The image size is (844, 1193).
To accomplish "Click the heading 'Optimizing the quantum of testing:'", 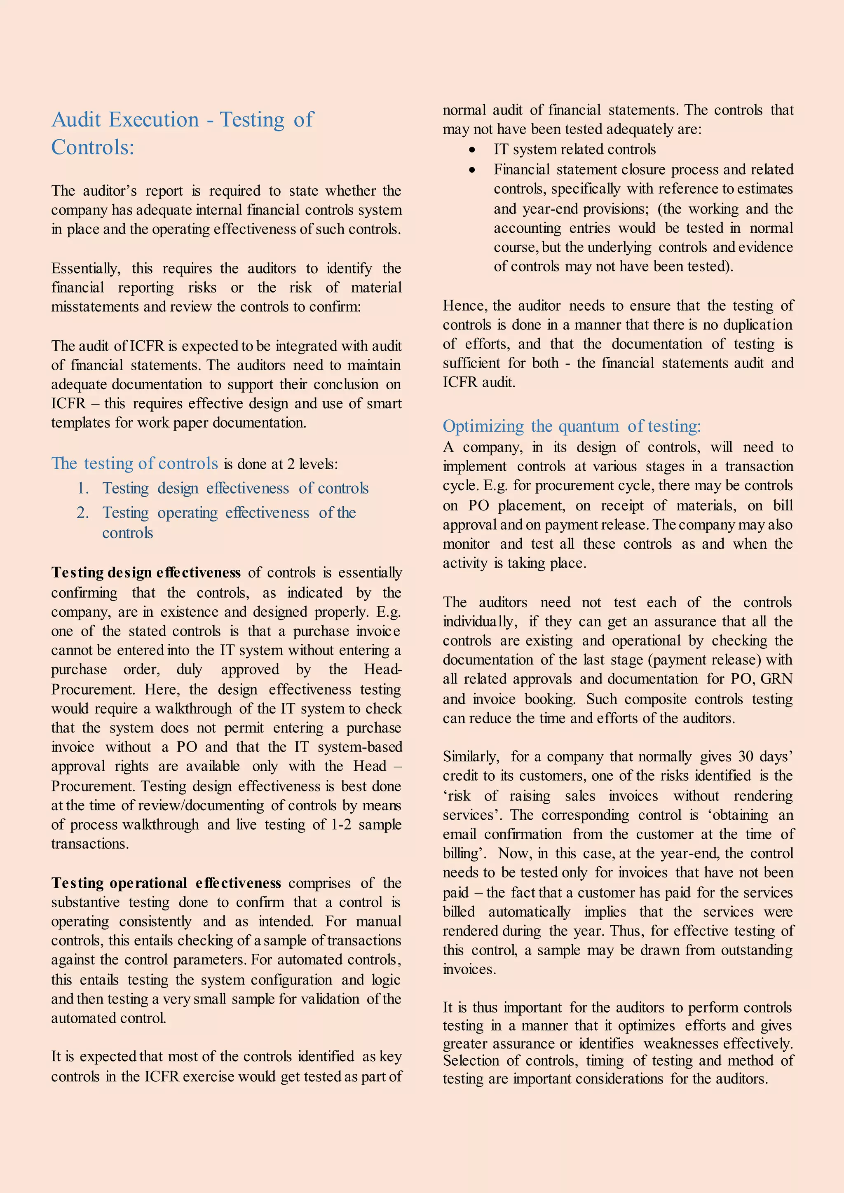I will click(x=572, y=426).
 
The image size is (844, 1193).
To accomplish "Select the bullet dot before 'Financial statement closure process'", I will click(x=472, y=170).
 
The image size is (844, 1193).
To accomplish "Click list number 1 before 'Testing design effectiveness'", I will click(x=83, y=489).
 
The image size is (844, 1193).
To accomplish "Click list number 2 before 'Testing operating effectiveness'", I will click(x=83, y=513).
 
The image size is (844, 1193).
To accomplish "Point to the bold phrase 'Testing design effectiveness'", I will click(x=145, y=573).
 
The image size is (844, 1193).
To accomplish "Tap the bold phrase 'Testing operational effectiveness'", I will click(x=166, y=883).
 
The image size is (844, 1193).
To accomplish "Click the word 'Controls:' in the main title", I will click(x=92, y=147).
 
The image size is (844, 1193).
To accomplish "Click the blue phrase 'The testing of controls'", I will click(x=135, y=463).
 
